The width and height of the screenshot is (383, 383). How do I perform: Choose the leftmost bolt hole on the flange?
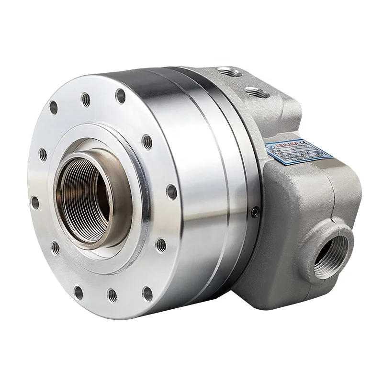[x=34, y=203]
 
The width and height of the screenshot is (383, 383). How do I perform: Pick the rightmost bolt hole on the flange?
[x=171, y=192]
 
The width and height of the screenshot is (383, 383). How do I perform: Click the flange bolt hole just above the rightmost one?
[x=147, y=142]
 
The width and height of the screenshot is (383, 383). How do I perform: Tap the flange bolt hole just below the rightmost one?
[x=161, y=245]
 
